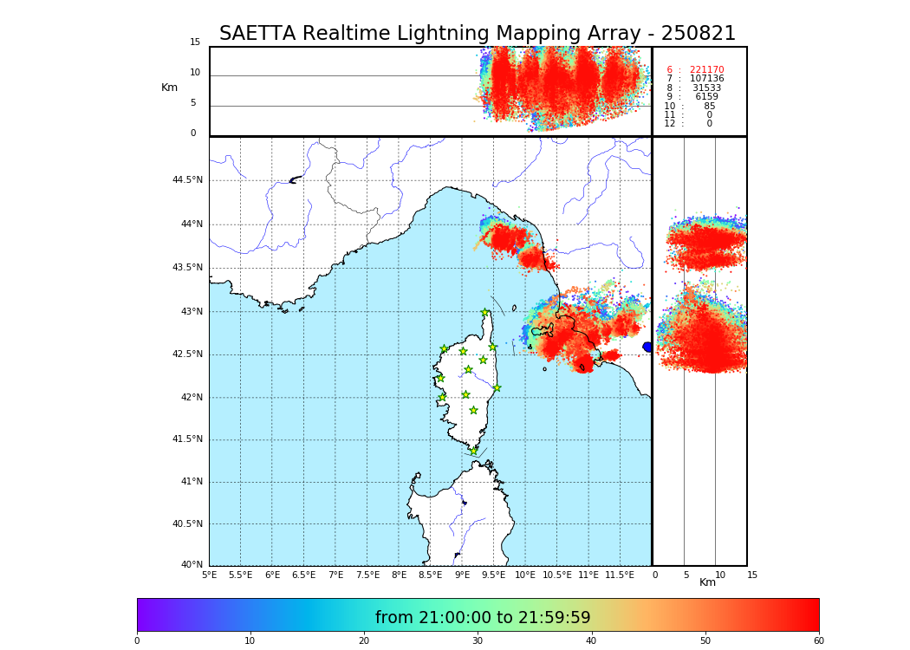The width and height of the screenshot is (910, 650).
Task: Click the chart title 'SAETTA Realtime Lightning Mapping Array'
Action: pos(477,34)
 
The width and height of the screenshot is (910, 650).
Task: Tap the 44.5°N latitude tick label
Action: pos(187,180)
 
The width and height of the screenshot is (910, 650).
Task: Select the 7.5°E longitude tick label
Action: pos(367,575)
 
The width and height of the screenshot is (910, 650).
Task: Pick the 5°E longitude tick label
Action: pos(210,575)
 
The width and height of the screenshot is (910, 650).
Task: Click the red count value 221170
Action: pos(706,70)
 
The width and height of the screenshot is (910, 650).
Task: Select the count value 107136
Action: pos(706,79)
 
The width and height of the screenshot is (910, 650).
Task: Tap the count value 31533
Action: pos(706,88)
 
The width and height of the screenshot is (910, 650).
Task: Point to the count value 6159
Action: pos(706,97)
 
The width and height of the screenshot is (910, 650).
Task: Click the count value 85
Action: pos(709,107)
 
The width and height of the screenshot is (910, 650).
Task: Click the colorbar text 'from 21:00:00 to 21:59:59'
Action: pos(483,618)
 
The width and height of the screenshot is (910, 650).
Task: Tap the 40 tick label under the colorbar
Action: pos(592,641)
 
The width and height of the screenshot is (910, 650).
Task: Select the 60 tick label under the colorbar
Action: pos(818,641)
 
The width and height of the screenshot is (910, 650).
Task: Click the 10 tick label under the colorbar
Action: pos(250,641)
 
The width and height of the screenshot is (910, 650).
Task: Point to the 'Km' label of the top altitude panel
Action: pos(169,88)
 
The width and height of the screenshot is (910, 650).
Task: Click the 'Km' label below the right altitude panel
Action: pos(707,582)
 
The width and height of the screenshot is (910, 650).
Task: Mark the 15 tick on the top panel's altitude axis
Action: pos(195,42)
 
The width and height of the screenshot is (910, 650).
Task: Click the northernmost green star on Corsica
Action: pos(485,312)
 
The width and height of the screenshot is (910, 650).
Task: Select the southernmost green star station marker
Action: pos(473,451)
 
